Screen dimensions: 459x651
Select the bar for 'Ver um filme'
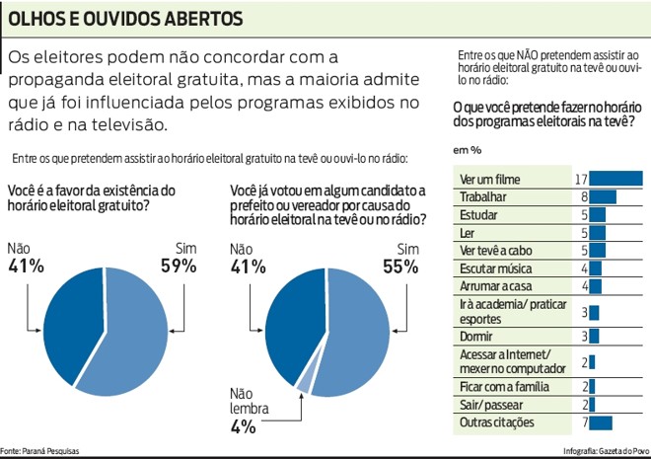[x=615, y=179]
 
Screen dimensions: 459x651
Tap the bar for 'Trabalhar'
[x=603, y=196]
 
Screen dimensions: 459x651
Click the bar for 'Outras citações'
[x=601, y=422]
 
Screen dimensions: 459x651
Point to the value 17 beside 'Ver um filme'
[x=582, y=179]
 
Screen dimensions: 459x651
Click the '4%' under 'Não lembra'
[x=243, y=426]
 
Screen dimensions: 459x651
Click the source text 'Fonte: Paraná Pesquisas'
[x=40, y=451]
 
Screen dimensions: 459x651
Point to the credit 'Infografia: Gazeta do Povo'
[x=604, y=451]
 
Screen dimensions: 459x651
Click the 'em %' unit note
[x=467, y=150]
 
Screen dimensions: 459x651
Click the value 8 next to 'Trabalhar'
[x=584, y=196]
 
